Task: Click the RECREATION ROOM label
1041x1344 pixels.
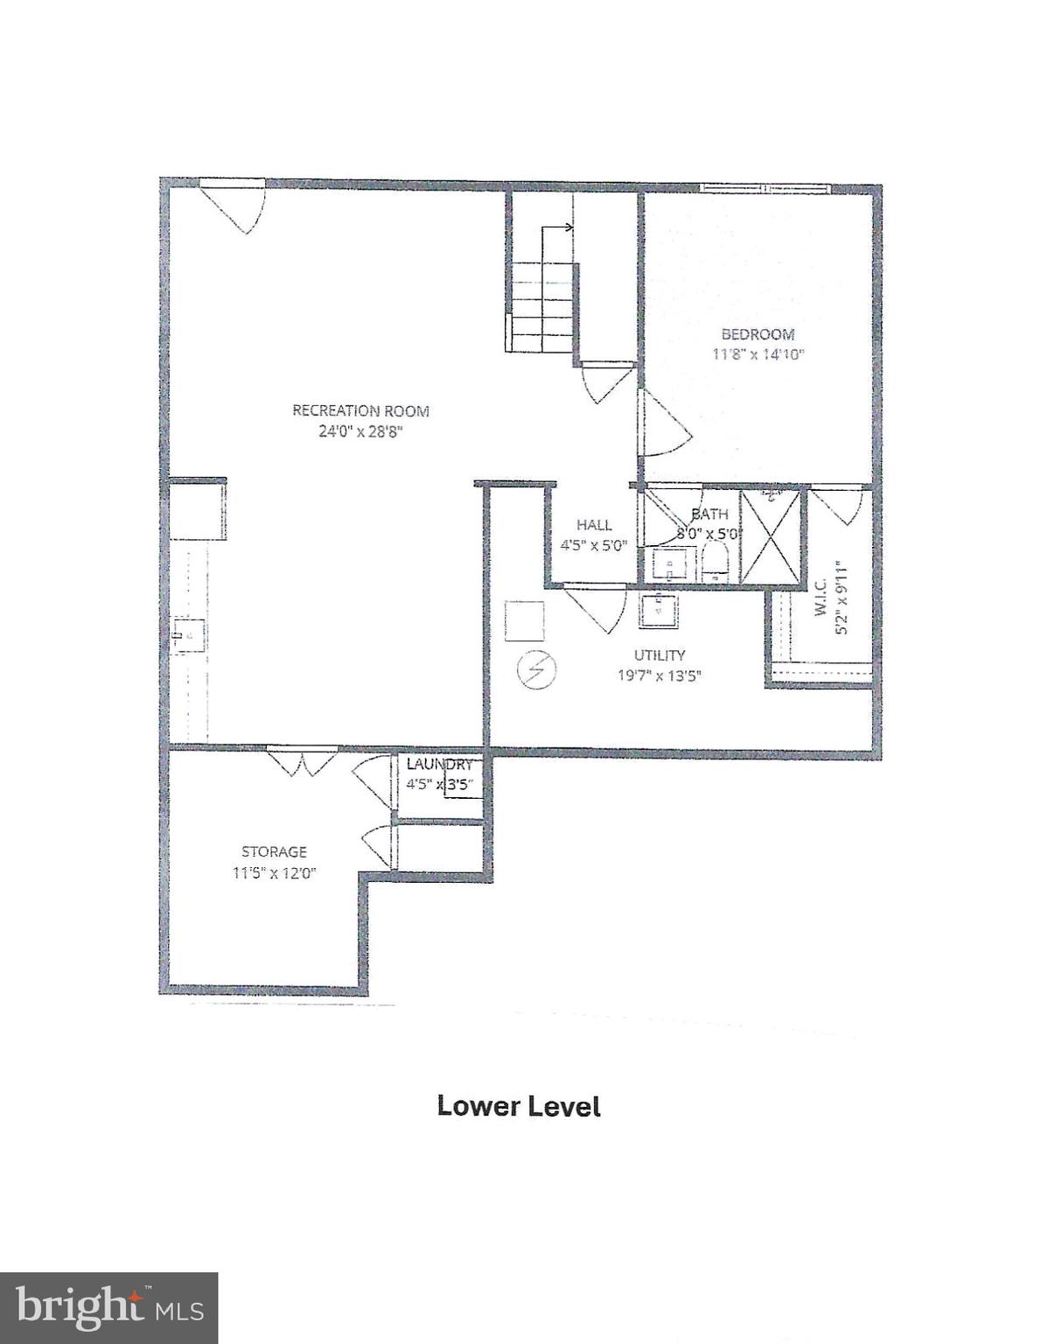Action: click(360, 410)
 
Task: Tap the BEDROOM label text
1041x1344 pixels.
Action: click(758, 334)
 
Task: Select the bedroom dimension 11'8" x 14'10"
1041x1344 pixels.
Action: click(758, 355)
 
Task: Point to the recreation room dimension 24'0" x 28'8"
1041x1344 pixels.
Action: click(360, 431)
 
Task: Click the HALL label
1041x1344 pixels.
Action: click(594, 525)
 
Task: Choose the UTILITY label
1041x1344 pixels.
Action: click(660, 655)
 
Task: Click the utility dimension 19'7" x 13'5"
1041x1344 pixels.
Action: click(660, 675)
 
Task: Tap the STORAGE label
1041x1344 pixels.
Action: click(274, 851)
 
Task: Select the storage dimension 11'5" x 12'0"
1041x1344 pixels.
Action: click(274, 872)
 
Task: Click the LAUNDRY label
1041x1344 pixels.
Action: click(439, 764)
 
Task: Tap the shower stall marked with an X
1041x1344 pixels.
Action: click(771, 537)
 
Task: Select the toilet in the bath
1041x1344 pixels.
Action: click(716, 562)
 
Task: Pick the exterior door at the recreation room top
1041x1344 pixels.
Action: click(234, 203)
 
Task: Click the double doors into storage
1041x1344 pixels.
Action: click(301, 759)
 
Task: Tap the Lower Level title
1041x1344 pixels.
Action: click(519, 1106)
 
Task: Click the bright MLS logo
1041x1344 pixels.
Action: click(108, 1307)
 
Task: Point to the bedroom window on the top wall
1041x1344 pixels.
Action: click(765, 188)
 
